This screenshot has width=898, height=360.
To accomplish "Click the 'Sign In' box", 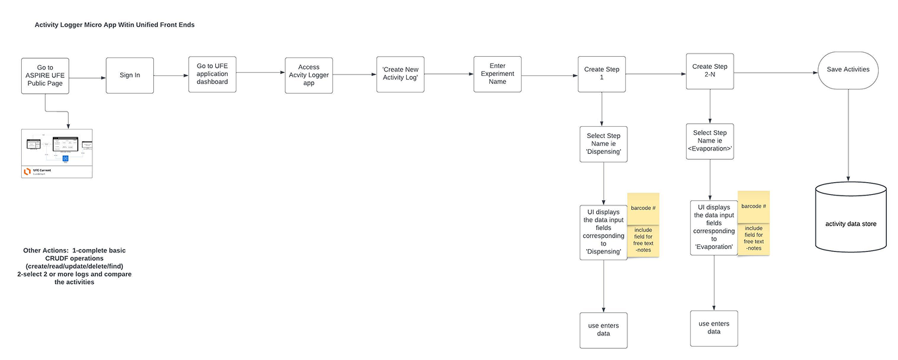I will pyautogui.click(x=129, y=75).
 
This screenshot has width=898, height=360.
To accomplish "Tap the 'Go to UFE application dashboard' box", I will pyautogui.click(x=212, y=73).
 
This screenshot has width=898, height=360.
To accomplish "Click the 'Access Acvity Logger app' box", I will pyautogui.click(x=308, y=75).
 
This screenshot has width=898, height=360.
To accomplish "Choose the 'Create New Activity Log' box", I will pyautogui.click(x=400, y=73).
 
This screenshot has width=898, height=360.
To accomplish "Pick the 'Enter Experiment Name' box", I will pyautogui.click(x=497, y=73).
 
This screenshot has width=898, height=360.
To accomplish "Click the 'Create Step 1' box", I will pyautogui.click(x=602, y=73).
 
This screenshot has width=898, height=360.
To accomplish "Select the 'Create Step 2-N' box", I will pyautogui.click(x=710, y=71).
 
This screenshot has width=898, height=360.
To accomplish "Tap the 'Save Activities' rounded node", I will pyautogui.click(x=848, y=69).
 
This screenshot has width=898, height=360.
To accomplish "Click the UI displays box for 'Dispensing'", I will pyautogui.click(x=604, y=232).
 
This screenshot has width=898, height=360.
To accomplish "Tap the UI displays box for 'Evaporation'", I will pyautogui.click(x=714, y=228).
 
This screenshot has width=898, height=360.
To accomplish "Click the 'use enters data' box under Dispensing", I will pyautogui.click(x=604, y=330).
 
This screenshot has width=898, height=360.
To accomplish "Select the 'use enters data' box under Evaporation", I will pyautogui.click(x=714, y=328).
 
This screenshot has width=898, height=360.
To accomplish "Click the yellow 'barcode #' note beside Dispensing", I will pyautogui.click(x=643, y=208).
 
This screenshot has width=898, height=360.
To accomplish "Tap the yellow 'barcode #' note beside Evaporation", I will pyautogui.click(x=753, y=206).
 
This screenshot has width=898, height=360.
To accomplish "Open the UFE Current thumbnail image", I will pyautogui.click(x=57, y=153).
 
